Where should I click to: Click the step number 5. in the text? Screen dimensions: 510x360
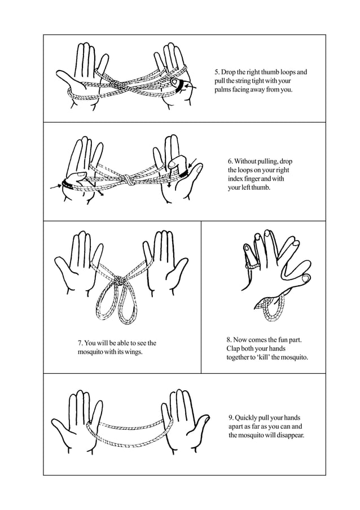click(217, 72)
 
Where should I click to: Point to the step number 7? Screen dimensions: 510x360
click(80, 343)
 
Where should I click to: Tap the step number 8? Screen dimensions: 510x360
click(230, 339)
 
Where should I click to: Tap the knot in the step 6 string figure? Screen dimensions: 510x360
click(129, 180)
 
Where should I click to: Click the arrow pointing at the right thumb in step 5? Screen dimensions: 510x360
click(190, 86)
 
